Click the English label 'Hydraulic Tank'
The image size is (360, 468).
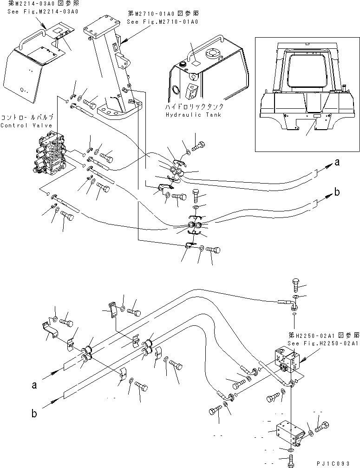194,115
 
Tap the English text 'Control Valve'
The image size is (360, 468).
26,125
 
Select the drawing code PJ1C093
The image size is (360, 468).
333,463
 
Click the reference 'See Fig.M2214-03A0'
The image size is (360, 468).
43,11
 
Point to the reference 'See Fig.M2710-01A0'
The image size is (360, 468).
163,21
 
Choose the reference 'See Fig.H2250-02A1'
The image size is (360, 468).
323,343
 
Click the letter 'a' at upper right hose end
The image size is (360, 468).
337,163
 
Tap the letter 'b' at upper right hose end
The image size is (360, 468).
337,192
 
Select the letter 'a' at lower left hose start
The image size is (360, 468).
34,385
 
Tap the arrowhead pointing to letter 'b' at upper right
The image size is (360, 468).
328,196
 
